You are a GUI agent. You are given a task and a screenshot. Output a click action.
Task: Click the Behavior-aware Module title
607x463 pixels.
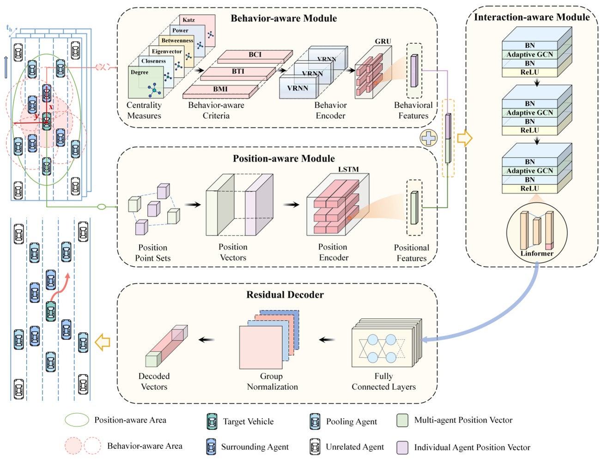click(x=284, y=18)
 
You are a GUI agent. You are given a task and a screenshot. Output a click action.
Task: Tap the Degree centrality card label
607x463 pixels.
click(x=140, y=73)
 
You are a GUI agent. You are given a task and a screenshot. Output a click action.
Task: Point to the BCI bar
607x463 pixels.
click(x=255, y=55)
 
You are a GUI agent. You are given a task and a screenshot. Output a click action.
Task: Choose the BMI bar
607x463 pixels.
click(x=220, y=89)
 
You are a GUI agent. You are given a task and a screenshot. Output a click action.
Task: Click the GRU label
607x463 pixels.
click(x=383, y=42)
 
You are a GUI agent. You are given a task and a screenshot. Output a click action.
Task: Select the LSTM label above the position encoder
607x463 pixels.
click(x=348, y=170)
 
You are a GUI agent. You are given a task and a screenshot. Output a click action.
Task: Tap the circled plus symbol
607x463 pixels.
click(x=429, y=138)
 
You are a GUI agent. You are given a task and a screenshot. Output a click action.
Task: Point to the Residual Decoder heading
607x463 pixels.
click(x=285, y=295)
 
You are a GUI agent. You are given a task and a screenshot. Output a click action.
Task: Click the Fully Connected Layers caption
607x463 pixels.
click(x=383, y=382)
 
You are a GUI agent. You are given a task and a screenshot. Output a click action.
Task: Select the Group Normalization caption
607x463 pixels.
click(x=272, y=382)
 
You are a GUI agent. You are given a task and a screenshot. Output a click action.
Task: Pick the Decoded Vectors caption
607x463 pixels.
click(x=154, y=382)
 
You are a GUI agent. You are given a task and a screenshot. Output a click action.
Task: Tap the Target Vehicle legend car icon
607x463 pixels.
click(x=212, y=421)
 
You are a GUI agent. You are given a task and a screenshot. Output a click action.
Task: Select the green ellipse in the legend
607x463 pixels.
click(x=77, y=420)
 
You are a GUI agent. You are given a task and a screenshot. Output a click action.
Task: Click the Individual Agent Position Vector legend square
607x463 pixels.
click(x=402, y=447)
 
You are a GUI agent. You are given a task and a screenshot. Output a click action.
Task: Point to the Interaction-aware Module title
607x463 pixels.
click(x=532, y=18)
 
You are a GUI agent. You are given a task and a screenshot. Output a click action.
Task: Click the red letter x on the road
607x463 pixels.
click(x=51, y=107)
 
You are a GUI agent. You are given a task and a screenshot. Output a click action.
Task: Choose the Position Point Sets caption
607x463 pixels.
click(x=152, y=253)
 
